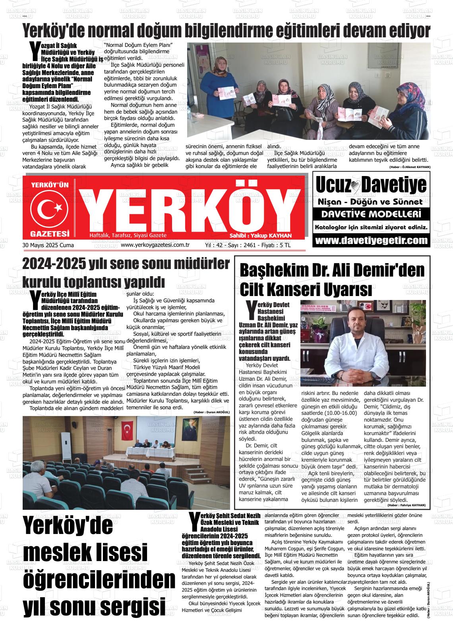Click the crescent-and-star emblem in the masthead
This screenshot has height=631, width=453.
point(50,208)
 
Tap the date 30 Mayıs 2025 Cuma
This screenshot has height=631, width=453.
point(48,246)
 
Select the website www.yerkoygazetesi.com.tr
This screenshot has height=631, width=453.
point(155,245)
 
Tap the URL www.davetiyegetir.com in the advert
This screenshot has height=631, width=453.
point(371,240)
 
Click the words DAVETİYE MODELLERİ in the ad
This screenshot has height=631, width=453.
point(371,215)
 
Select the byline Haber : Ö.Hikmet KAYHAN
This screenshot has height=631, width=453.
point(409,167)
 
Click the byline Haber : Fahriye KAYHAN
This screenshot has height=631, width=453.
point(406,505)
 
